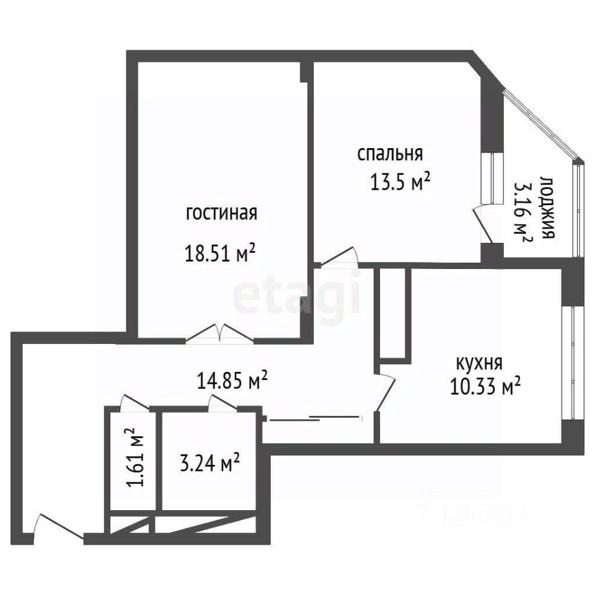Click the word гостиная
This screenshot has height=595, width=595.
221,213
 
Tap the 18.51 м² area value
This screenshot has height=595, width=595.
219,253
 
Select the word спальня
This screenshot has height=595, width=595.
390,154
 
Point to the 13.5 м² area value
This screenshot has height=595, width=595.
400,182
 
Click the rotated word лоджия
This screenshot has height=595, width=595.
547,207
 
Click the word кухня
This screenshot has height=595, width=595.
479,363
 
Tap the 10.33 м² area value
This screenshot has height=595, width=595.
485,386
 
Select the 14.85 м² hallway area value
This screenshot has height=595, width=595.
232,380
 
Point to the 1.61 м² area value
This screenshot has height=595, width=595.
135,457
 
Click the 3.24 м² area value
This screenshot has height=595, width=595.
209,463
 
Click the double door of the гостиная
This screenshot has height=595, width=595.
219,334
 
